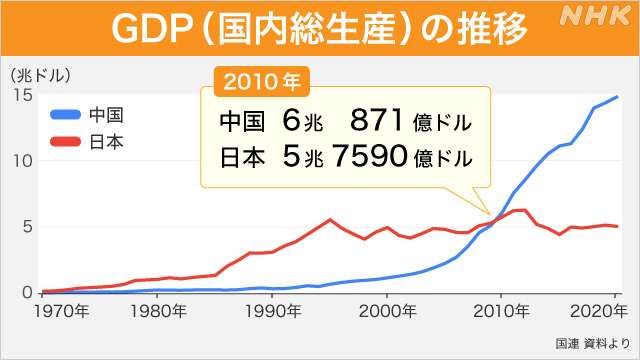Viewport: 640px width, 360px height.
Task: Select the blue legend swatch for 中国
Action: point(69,113)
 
